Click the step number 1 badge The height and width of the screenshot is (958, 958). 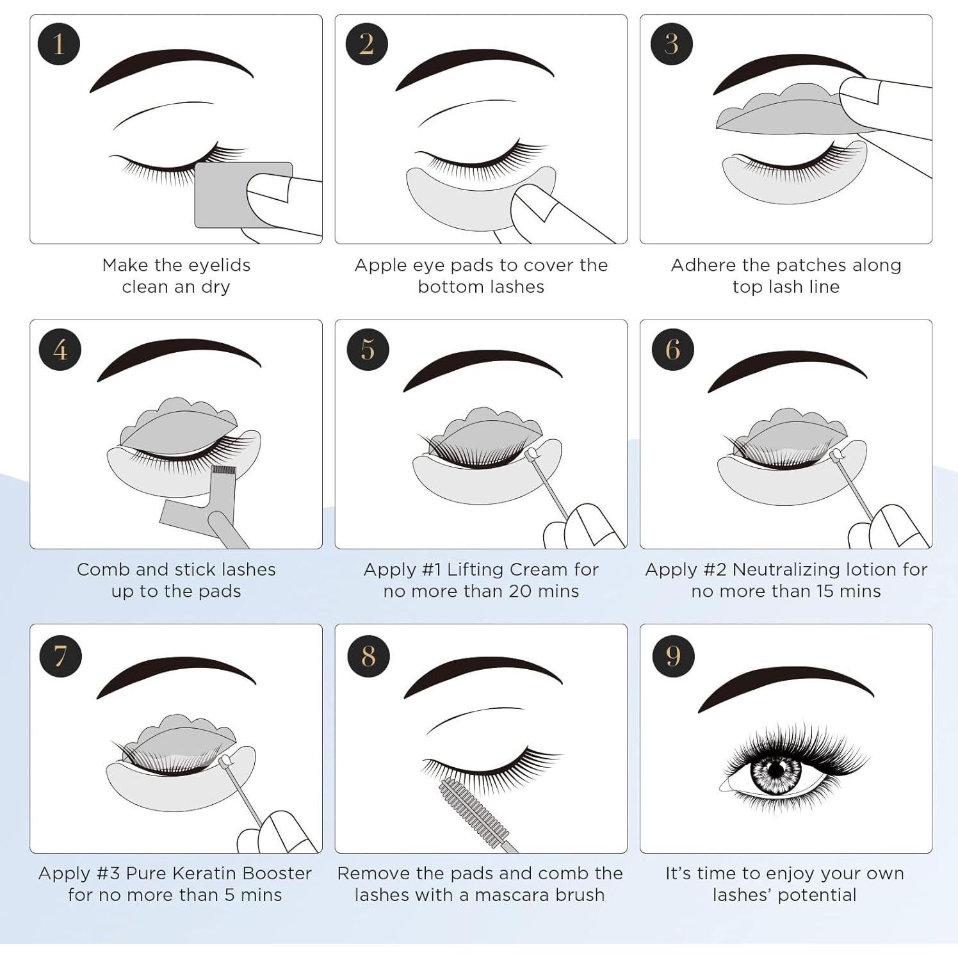pos(59,44)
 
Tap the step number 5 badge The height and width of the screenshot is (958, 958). pos(368,349)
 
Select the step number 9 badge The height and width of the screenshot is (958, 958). pos(673,655)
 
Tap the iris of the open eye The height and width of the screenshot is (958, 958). pos(775,769)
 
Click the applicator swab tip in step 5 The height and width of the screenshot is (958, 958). pos(530,455)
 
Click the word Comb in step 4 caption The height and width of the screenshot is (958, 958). pos(97,569)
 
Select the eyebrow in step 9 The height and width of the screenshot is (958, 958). pos(784,685)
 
